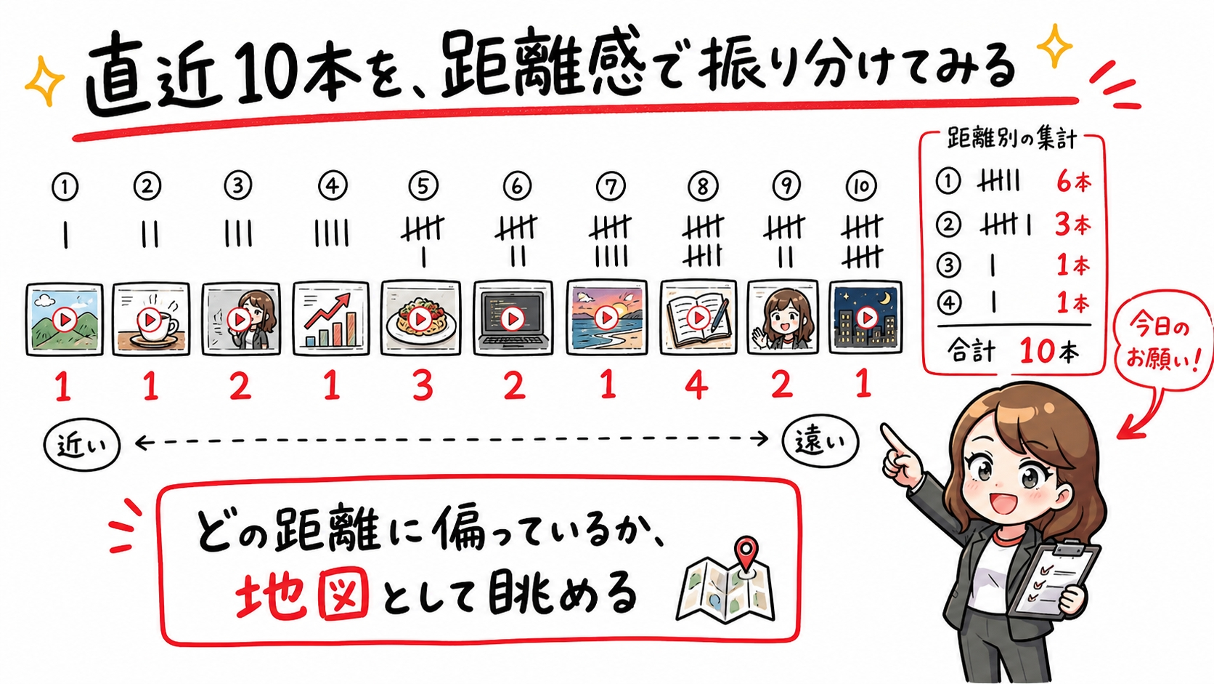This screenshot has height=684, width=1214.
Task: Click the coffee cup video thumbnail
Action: (151, 319)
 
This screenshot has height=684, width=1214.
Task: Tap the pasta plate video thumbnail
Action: (420, 318)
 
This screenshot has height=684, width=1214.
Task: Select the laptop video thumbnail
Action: (513, 318)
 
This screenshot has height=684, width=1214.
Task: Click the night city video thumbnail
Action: (865, 318)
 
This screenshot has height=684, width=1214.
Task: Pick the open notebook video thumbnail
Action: (698, 318)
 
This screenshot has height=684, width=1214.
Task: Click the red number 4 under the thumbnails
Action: (696, 385)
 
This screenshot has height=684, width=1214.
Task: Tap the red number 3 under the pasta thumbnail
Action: (423, 386)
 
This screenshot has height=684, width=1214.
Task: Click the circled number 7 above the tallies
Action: (611, 187)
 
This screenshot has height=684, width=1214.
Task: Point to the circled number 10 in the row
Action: (861, 187)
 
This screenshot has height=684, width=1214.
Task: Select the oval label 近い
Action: (81, 446)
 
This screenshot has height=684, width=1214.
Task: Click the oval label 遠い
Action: (820, 441)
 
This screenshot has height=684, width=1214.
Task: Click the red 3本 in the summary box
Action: (1072, 225)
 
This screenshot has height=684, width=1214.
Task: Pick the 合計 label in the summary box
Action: (971, 351)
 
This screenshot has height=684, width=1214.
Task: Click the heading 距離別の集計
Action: (1011, 139)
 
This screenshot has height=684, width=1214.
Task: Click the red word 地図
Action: (303, 595)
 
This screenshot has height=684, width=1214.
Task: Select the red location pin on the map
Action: (747, 553)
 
